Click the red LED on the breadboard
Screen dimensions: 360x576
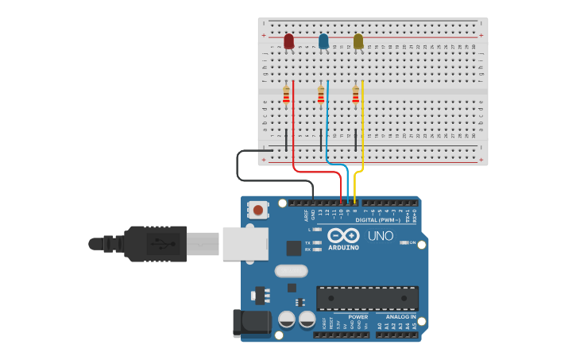[x=288, y=41]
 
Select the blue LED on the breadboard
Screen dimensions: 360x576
[x=323, y=41]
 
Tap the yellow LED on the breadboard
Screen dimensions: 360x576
[x=358, y=41]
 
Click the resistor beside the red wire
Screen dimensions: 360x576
[x=286, y=96]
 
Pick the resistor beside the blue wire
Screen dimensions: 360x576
[x=321, y=96]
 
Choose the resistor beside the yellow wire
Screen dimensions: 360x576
[x=355, y=96]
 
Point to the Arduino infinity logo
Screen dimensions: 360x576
[x=343, y=236]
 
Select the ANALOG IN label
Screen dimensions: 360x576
[x=396, y=317]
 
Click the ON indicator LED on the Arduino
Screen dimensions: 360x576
[x=404, y=242]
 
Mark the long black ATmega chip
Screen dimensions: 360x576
[x=367, y=298]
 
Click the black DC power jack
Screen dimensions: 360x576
[x=251, y=323]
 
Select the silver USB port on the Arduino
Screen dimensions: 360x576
[x=245, y=244]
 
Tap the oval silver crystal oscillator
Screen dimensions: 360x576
[x=291, y=270]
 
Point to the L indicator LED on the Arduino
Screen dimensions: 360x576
[x=317, y=230]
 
